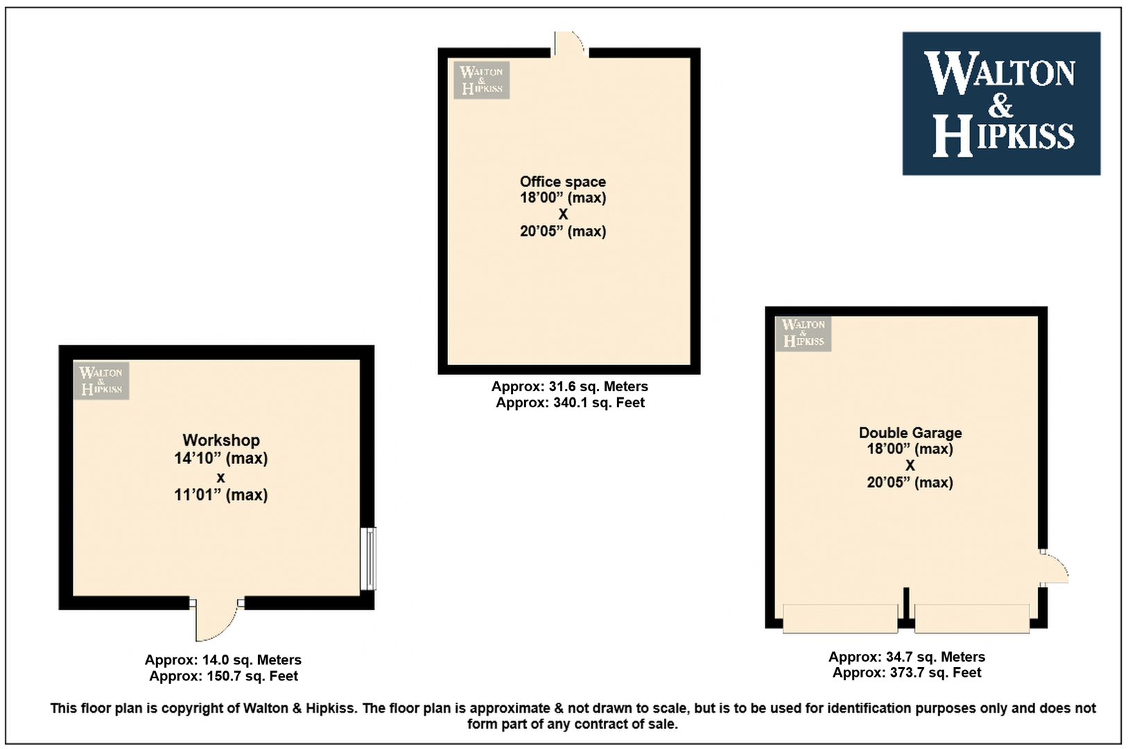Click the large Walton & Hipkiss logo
(1001, 103)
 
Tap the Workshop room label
(221, 440)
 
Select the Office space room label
(563, 181)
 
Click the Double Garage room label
(910, 433)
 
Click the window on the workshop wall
(368, 558)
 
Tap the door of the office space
(570, 45)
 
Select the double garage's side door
(1054, 568)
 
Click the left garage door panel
(840, 618)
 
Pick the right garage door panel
(972, 618)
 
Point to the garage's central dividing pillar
(906, 606)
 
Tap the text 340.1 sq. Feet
(599, 403)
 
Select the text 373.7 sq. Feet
(935, 673)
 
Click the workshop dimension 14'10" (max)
(221, 458)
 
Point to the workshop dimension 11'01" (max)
(221, 495)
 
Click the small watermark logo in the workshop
(101, 381)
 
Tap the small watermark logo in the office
(482, 80)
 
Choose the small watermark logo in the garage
(804, 333)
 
